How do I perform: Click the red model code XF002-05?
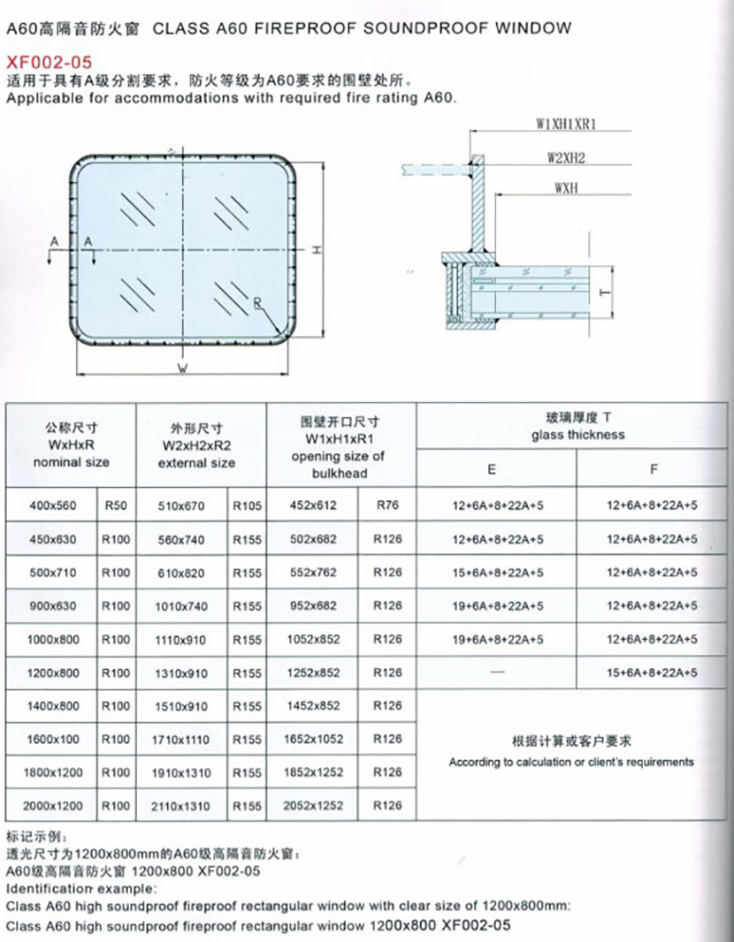pyautogui.click(x=49, y=62)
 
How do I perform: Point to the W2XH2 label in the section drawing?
pyautogui.click(x=567, y=157)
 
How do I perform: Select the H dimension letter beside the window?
pyautogui.click(x=316, y=250)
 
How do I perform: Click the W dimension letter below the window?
pyautogui.click(x=181, y=370)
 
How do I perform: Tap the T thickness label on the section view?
pyautogui.click(x=606, y=292)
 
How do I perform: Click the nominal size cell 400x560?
pyautogui.click(x=53, y=506)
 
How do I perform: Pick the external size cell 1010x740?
pyautogui.click(x=180, y=607)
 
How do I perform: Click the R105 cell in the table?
pyautogui.click(x=248, y=506)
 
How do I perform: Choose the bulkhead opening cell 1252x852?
pyautogui.click(x=316, y=673)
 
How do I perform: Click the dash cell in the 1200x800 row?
pyautogui.click(x=496, y=673)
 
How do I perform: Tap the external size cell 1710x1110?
pyautogui.click(x=180, y=739)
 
